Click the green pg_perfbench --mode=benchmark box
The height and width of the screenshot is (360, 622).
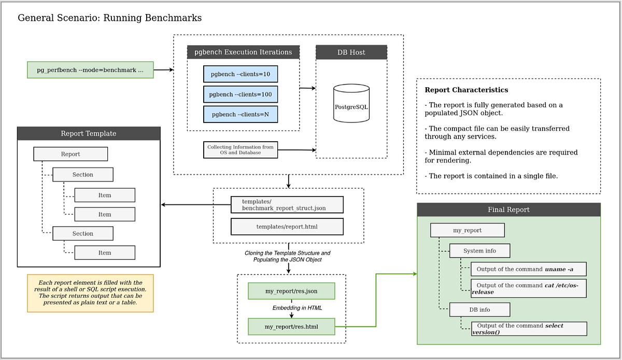90,70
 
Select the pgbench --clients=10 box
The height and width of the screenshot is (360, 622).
241,74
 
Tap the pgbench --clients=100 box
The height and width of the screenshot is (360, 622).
241,94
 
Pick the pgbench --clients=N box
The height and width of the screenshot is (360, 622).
241,114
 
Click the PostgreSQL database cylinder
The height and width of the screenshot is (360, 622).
351,105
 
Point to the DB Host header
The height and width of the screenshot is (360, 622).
351,52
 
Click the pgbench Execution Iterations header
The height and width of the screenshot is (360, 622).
243,52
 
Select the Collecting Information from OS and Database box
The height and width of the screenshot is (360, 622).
241,150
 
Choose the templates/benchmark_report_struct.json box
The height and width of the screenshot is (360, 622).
287,205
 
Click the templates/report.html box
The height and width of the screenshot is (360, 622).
287,227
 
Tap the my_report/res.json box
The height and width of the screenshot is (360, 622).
291,291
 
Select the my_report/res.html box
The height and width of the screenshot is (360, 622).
291,327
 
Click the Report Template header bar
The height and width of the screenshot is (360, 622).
89,133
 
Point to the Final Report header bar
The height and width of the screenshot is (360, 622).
508,210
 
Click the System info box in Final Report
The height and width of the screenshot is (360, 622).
479,251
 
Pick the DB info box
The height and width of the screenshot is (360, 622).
479,310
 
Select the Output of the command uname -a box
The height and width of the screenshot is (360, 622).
529,269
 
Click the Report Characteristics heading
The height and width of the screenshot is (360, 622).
466,90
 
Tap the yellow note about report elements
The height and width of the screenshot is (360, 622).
90,293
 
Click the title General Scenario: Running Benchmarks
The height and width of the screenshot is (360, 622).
109,18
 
